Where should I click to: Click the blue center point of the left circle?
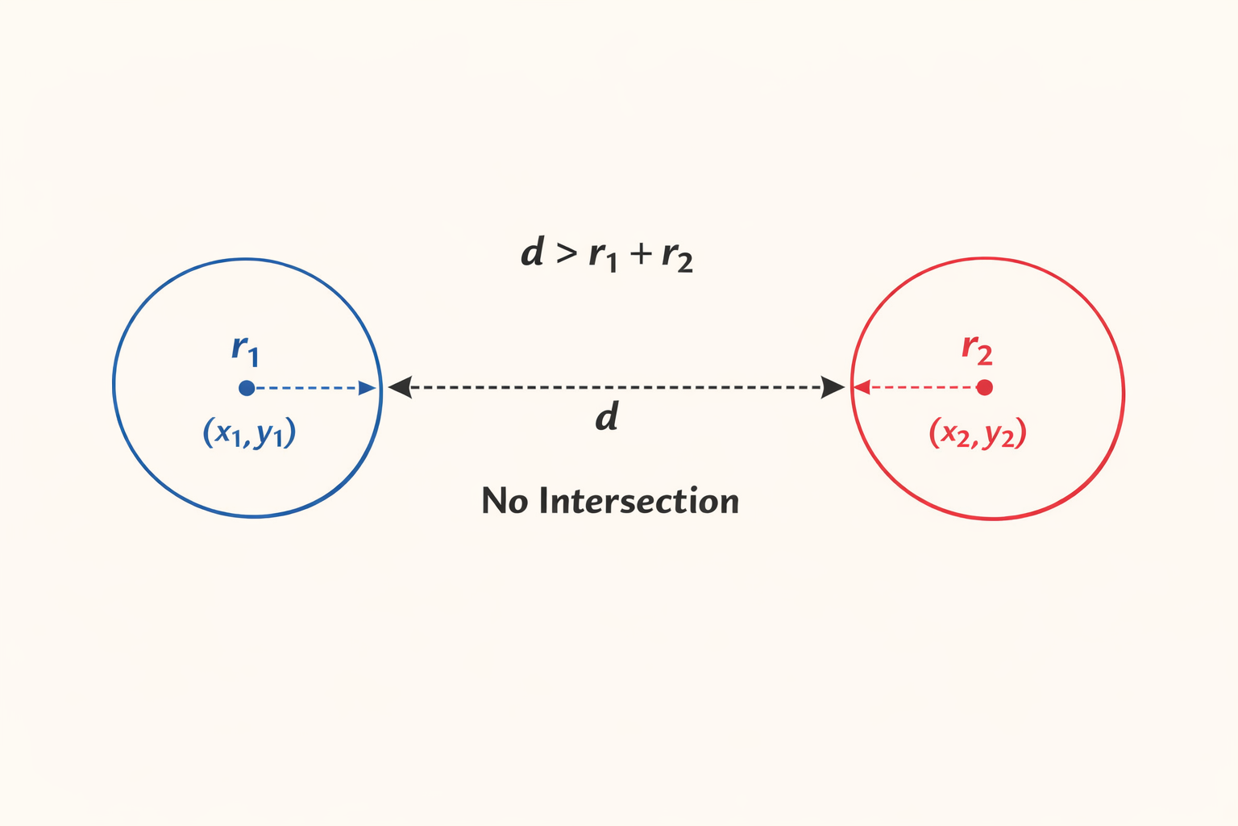247,388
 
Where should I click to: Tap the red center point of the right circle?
984,387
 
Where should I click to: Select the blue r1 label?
245,349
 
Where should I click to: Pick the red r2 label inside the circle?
977,349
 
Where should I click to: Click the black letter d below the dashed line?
606,418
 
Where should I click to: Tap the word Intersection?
638,501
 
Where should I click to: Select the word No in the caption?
505,501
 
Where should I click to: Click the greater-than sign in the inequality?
567,254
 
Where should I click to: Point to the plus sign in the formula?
641,255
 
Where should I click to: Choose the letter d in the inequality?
532,252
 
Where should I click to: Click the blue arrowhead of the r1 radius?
368,388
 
